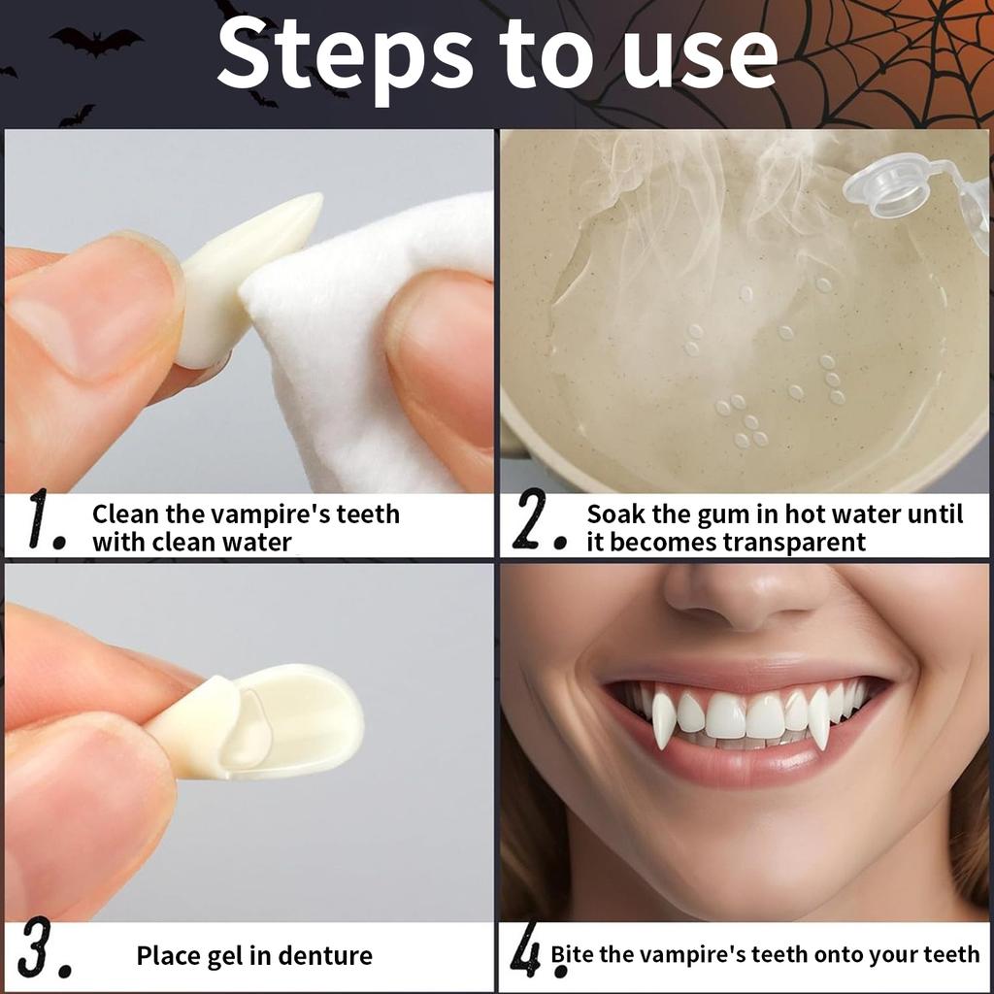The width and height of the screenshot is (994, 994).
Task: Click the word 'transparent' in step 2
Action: pyautogui.click(x=794, y=542)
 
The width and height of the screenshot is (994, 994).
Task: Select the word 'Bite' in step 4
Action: pyautogui.click(x=573, y=954)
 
